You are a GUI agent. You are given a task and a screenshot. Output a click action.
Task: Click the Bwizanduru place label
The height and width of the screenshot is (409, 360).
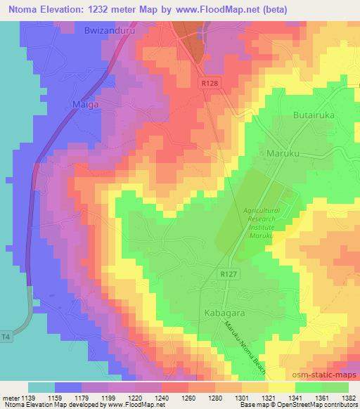[108, 32]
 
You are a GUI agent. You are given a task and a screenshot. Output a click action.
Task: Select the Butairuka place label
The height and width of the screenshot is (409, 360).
[314, 115]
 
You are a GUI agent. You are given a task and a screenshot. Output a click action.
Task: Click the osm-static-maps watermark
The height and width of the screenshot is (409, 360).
[329, 372]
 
